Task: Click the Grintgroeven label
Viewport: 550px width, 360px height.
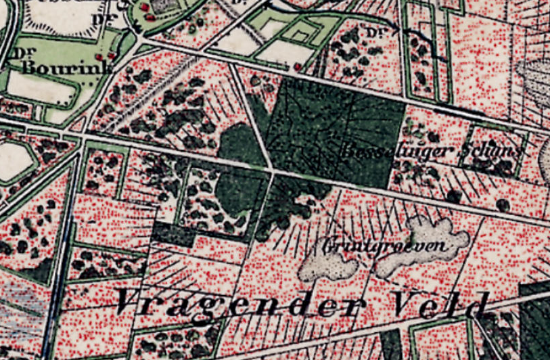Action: tap(387, 245)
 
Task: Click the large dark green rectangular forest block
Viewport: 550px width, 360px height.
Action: tap(338, 129)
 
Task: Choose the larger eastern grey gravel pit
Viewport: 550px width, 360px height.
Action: tap(423, 247)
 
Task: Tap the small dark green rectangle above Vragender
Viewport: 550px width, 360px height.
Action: tap(173, 234)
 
